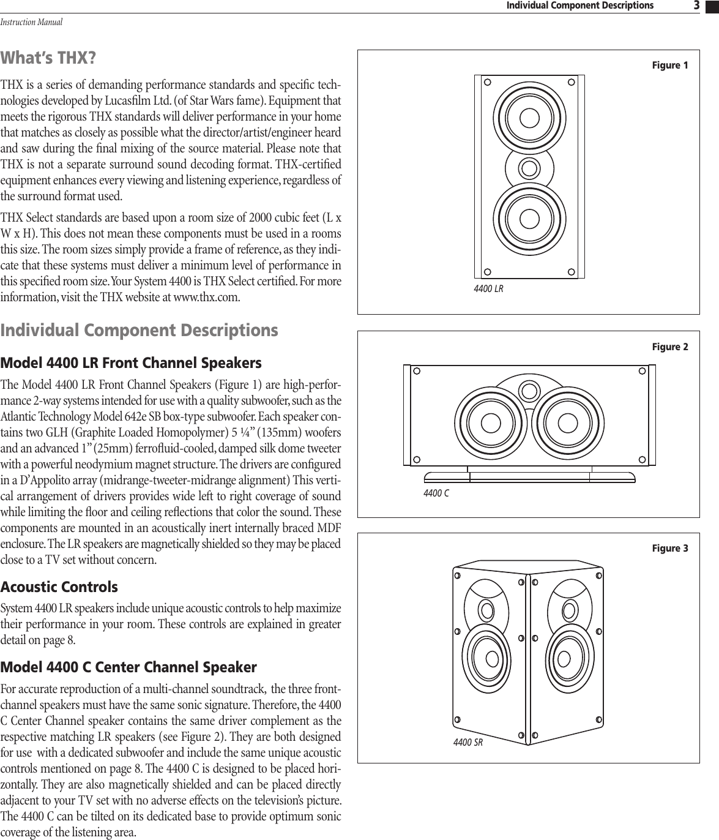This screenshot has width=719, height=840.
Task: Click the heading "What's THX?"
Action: (x=48, y=58)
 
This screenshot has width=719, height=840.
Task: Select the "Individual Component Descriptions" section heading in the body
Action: (x=140, y=331)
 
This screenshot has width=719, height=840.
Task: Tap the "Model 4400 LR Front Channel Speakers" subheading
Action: (x=131, y=363)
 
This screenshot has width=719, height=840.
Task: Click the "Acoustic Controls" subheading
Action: (x=59, y=587)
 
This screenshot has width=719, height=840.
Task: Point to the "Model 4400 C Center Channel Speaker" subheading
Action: (x=129, y=666)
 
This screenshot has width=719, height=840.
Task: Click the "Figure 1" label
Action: (x=669, y=66)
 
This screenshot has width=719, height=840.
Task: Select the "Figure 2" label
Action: (x=669, y=347)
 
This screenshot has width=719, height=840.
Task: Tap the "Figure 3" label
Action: (x=669, y=548)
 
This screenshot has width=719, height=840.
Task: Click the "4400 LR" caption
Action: (x=488, y=288)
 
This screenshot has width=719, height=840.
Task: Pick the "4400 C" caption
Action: (x=436, y=493)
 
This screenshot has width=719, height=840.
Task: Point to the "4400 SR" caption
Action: (x=468, y=743)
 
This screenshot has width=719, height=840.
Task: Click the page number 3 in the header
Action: (x=696, y=6)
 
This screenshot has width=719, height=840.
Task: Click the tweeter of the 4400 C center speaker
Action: (x=529, y=389)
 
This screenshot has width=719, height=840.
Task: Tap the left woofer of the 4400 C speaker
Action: (x=489, y=423)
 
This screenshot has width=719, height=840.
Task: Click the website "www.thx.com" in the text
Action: (x=203, y=298)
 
